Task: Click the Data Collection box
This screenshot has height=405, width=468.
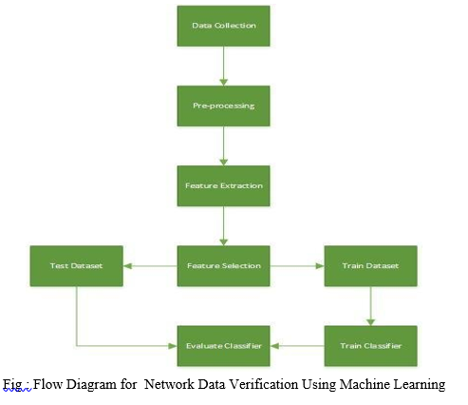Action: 223,26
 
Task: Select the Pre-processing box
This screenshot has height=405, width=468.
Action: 223,106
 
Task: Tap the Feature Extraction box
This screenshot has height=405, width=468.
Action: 223,185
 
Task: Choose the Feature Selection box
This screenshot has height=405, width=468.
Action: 223,266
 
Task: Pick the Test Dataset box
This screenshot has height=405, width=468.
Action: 77,266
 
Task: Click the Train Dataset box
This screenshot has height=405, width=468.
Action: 370,266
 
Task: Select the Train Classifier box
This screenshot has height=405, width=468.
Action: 370,346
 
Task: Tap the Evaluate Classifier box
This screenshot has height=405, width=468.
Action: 223,346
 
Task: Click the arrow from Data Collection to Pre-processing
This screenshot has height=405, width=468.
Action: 223,66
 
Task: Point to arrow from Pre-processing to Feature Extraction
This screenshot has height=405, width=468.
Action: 223,145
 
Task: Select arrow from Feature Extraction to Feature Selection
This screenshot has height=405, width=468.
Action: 223,226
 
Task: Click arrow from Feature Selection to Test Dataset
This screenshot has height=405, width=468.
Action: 150,266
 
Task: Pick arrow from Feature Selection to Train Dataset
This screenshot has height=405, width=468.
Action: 297,266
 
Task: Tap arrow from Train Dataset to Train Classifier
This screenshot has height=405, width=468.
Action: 370,306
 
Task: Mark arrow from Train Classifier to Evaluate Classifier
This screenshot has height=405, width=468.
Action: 297,346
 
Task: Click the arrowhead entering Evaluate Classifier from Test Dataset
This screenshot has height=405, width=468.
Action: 173,346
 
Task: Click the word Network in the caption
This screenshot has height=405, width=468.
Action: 169,384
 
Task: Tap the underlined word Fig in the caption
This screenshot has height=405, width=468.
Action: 12,385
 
